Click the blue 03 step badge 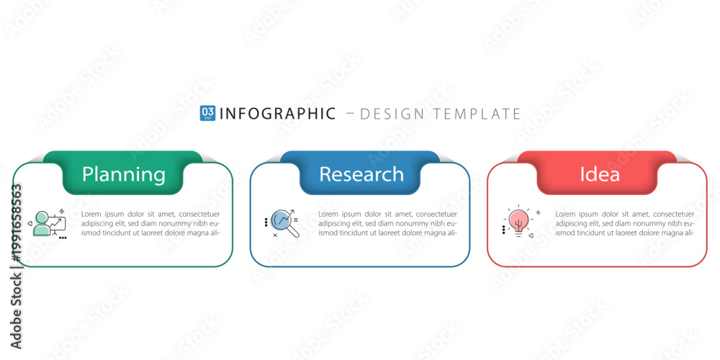click(x=207, y=113)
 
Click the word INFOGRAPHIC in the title click(x=278, y=114)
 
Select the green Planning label click(x=124, y=174)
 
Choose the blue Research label click(x=361, y=174)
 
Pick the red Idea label click(x=600, y=174)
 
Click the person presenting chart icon click(x=50, y=224)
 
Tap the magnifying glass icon click(x=284, y=222)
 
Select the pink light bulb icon click(x=518, y=221)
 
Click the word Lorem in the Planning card click(x=91, y=214)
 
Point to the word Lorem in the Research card click(x=328, y=214)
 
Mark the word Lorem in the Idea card click(x=564, y=214)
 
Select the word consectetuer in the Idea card click(x=674, y=214)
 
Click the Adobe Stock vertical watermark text click(x=16, y=311)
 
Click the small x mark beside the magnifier click(x=275, y=235)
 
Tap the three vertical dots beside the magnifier click(x=266, y=222)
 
